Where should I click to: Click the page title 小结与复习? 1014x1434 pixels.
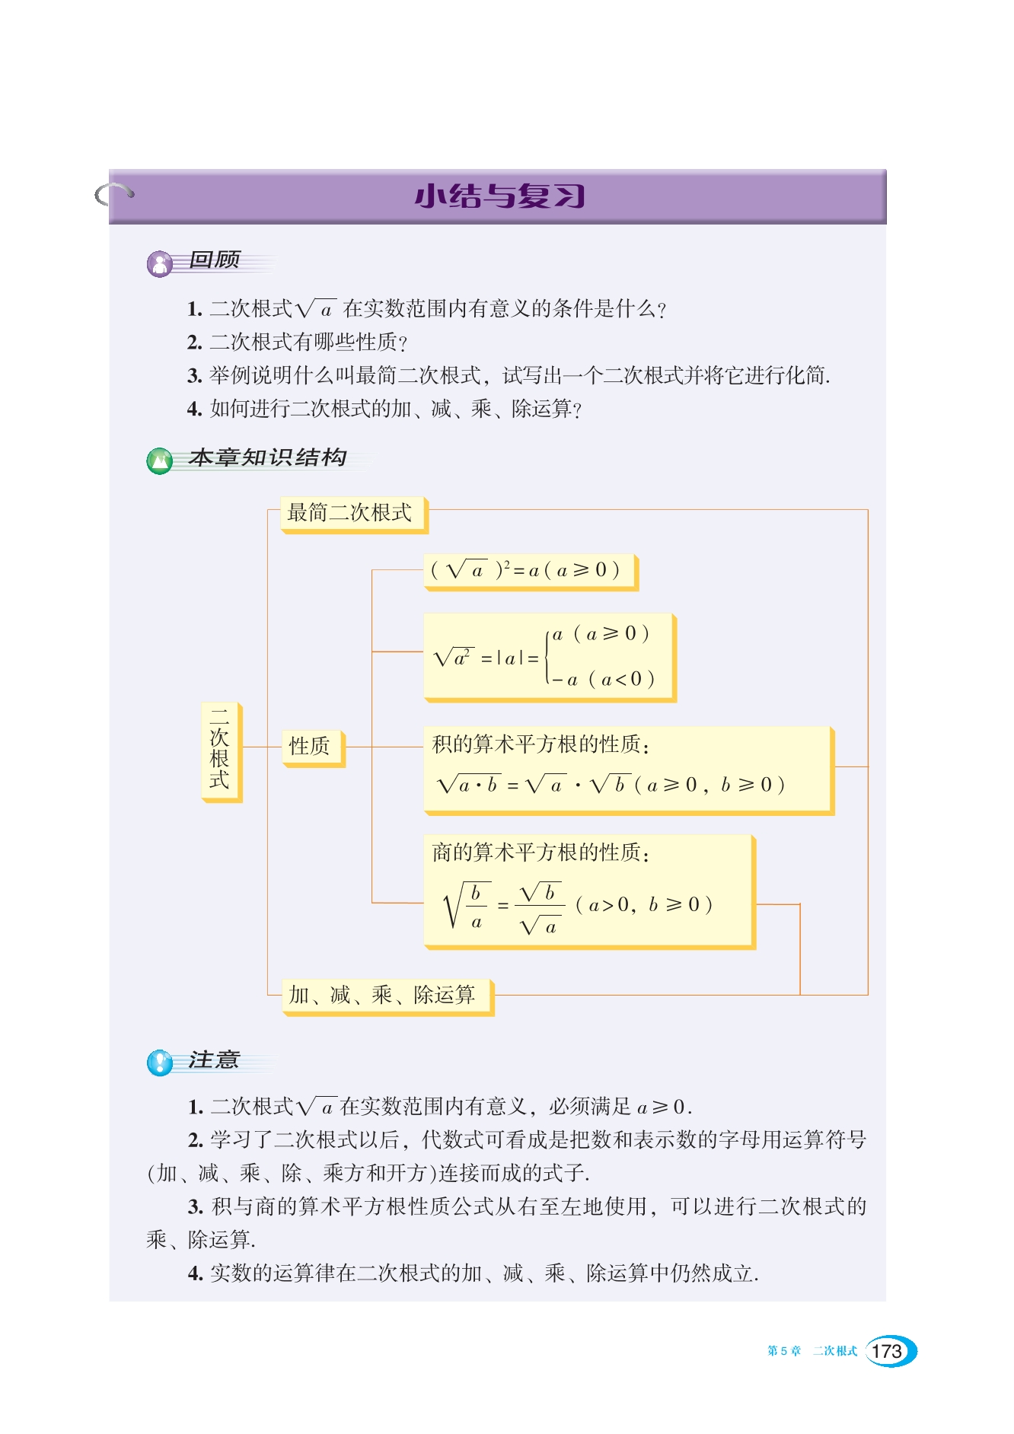[499, 196]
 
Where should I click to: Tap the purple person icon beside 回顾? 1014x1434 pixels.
[160, 264]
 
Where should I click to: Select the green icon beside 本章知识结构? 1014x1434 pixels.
[160, 460]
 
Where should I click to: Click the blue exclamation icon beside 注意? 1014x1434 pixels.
[160, 1062]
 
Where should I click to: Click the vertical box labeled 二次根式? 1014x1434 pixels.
[221, 750]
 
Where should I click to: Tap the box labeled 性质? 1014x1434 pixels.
[312, 747]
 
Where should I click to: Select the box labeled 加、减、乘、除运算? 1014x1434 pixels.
[386, 996]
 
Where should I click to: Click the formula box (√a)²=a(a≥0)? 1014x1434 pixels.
[529, 571]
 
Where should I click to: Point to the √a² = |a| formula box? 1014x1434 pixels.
[548, 657]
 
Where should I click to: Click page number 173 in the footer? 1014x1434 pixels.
[888, 1351]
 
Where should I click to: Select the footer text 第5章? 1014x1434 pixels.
[784, 1351]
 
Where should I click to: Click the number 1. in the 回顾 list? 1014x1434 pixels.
[195, 309]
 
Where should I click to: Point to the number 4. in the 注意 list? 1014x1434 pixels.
[196, 1273]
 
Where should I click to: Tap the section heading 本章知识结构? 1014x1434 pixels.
[268, 457]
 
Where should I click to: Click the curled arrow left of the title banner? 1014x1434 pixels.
[114, 194]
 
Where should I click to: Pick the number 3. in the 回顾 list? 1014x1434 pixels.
[195, 376]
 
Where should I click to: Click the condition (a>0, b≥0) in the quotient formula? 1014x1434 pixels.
[644, 905]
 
